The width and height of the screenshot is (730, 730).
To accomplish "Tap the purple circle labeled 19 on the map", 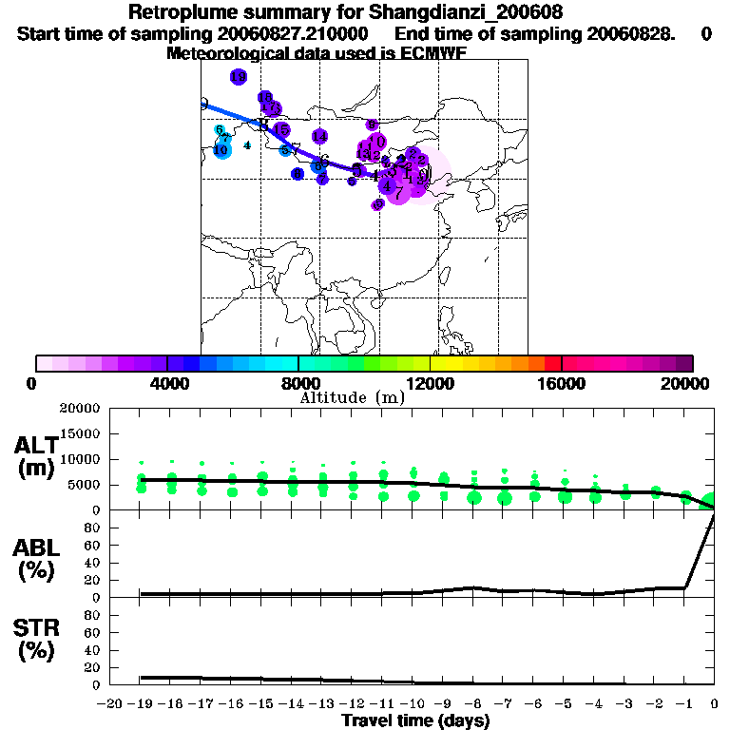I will [238, 77].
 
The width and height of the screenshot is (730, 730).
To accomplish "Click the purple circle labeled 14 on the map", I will [319, 137].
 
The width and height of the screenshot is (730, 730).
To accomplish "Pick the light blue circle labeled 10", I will [221, 149].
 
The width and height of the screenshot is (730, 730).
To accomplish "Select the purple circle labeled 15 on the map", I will [281, 129].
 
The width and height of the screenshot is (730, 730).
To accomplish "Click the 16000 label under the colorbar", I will [562, 383].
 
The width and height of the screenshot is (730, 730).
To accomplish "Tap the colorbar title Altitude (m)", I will [352, 397].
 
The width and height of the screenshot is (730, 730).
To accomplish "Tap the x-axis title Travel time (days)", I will [415, 720].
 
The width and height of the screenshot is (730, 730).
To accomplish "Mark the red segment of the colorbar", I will [552, 363].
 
